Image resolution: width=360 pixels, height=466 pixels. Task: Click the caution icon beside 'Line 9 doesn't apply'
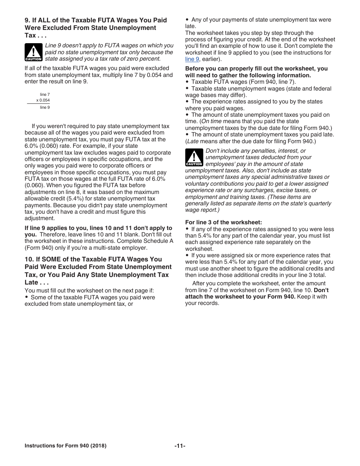pyautogui.click(x=33, y=52)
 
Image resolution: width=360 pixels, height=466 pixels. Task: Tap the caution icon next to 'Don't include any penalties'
pyautogui.click(x=194, y=157)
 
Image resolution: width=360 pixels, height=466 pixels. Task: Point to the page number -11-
pyautogui.click(x=180, y=446)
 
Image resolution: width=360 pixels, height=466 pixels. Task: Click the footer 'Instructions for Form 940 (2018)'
pyautogui.click(x=65, y=446)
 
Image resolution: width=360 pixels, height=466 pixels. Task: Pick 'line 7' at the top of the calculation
pyautogui.click(x=45, y=94)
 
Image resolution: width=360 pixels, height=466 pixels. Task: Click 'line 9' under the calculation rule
pyautogui.click(x=45, y=108)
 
